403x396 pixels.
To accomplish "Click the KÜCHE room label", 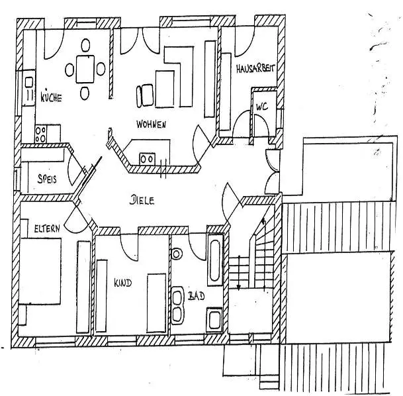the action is point(51,98).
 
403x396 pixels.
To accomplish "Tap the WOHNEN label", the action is point(151,124).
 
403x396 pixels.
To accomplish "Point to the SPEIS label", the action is point(46,178).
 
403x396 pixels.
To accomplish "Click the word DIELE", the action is point(143,199).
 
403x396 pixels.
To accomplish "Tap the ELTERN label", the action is point(47,228).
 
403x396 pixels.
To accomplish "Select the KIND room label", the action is point(122,283).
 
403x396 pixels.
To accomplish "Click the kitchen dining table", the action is point(85,68).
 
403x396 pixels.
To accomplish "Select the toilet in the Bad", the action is point(177,254).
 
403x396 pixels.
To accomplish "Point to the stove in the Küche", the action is point(42,134).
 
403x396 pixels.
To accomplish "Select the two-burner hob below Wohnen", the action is point(148,158).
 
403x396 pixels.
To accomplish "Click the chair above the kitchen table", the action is point(85,45).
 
